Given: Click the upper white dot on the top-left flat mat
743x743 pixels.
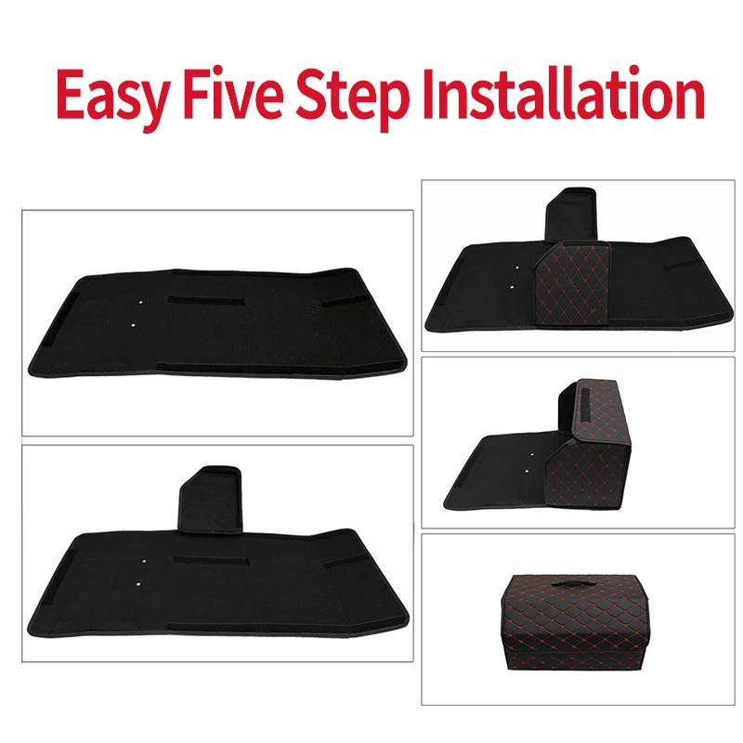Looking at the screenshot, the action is coord(140,302).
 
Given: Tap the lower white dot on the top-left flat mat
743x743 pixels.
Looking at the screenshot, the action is coord(133,325).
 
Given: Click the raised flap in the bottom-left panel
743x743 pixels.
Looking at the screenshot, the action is coord(210,498).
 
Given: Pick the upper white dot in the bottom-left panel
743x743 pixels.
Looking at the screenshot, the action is coord(144,561).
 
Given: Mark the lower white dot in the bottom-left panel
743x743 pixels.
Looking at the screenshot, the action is coord(137,584).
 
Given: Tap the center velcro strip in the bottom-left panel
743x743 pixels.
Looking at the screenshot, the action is coord(211,561).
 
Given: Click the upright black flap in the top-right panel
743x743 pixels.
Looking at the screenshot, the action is coord(571,215).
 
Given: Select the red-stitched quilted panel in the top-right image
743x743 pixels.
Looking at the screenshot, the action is coord(572,283).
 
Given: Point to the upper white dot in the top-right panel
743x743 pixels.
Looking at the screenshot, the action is coord(517,267).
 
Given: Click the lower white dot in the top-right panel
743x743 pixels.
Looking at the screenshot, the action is coord(512,287).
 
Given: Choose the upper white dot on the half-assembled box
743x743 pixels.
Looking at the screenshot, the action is coord(531,454).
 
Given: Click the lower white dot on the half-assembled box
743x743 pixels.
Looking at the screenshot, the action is coord(527,472).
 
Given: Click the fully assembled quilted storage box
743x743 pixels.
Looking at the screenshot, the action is coord(569,622).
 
